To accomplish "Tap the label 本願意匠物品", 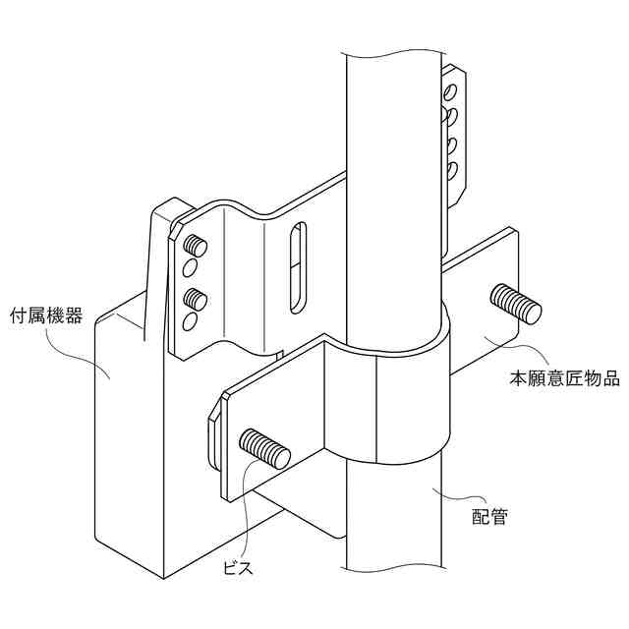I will click(563, 377).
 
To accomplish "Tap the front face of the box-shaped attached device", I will click(128, 442).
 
